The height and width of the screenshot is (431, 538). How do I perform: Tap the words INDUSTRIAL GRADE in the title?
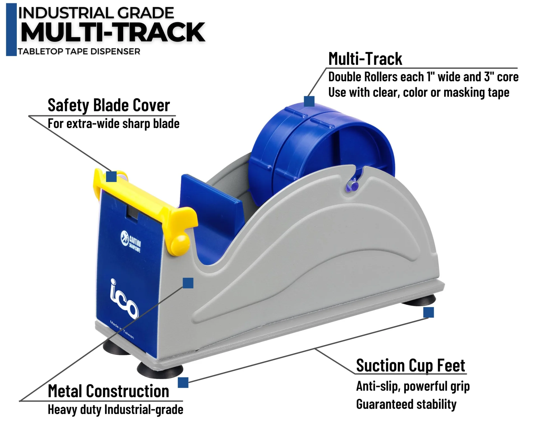click(x=96, y=13)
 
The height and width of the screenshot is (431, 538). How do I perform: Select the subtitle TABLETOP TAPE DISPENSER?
click(x=79, y=52)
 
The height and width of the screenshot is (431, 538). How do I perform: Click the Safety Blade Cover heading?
click(x=109, y=106)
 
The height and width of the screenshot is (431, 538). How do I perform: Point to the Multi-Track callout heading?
click(x=365, y=59)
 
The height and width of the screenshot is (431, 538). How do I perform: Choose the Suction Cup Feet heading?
click(x=411, y=366)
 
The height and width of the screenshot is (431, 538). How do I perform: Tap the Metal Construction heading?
click(x=108, y=391)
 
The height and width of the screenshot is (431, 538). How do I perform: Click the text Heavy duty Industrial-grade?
click(x=115, y=410)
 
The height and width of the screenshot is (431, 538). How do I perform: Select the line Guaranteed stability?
click(x=406, y=404)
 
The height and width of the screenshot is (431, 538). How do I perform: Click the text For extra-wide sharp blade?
click(x=113, y=124)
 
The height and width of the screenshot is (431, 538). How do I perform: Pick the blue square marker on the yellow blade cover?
click(x=111, y=176)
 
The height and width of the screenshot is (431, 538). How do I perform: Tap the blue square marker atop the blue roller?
click(x=309, y=101)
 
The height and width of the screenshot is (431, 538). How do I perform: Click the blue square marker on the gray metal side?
click(x=188, y=283)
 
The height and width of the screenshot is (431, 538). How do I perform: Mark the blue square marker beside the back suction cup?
click(x=428, y=312)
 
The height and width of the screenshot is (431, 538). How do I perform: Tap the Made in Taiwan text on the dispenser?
click(x=122, y=330)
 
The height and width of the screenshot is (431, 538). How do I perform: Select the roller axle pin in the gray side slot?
click(x=353, y=185)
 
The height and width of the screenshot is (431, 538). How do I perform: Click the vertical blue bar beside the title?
click(x=11, y=29)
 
